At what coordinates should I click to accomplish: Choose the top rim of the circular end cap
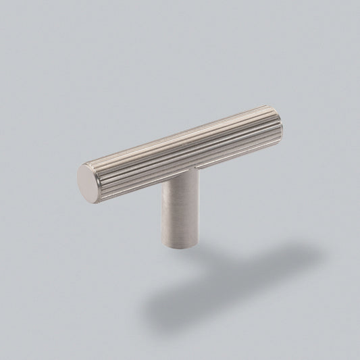pos(91,163)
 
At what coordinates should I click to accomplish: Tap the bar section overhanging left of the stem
pos(128,165)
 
